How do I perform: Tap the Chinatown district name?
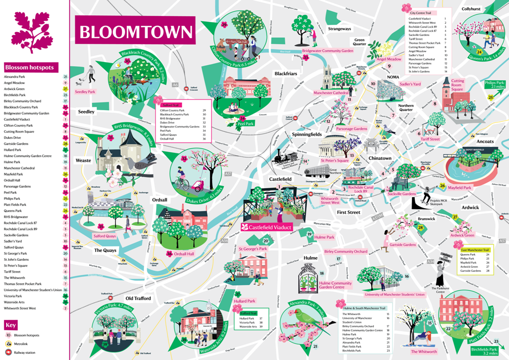[380, 158]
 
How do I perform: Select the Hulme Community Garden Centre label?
[335, 285]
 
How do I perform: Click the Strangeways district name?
[339, 28]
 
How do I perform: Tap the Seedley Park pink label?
[85, 91]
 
